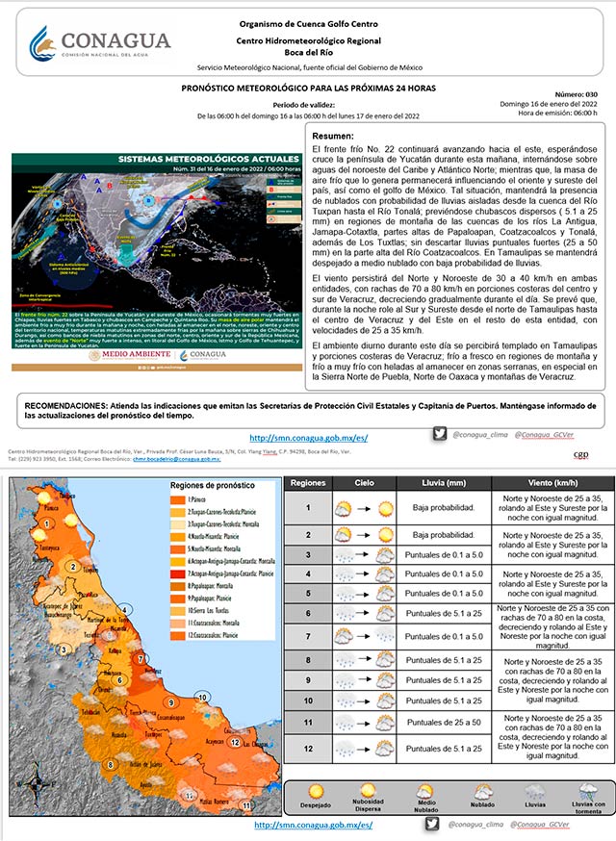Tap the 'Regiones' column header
(x=308, y=481)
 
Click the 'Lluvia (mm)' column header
(x=444, y=481)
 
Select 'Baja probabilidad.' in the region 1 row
(x=444, y=507)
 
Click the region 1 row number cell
(x=308, y=507)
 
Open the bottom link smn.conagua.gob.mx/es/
(x=313, y=826)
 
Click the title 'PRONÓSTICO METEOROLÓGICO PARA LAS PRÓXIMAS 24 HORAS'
(x=308, y=88)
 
